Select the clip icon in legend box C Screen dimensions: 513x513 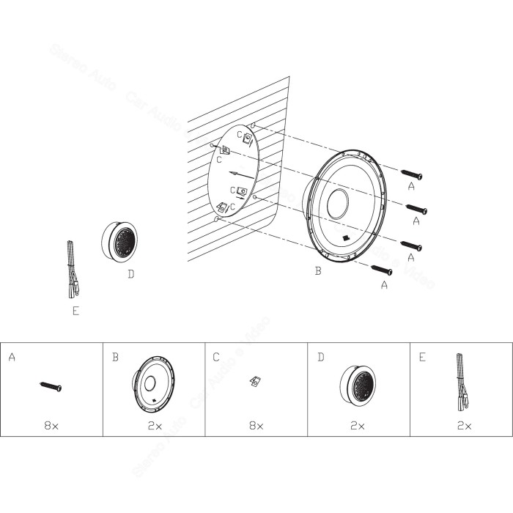coord(255,380)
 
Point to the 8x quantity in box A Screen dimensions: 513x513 coord(51,425)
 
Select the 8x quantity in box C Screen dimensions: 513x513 coord(256,425)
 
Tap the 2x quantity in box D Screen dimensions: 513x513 coord(358,425)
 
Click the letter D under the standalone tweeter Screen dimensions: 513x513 coord(130,276)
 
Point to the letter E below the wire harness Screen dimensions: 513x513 coord(75,311)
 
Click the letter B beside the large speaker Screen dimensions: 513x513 coord(317,272)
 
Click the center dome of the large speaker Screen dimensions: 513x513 coord(340,203)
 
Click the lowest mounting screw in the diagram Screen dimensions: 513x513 coord(383,270)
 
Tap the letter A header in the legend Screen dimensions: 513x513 coord(12,357)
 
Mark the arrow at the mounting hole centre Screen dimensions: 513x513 coord(233,174)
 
